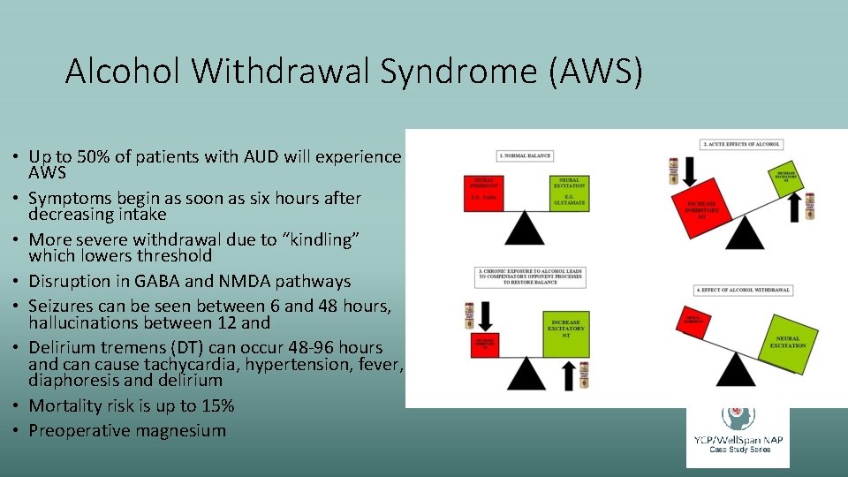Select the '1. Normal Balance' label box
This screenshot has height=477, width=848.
(525, 155)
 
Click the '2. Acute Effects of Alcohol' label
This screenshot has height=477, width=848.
(742, 144)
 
